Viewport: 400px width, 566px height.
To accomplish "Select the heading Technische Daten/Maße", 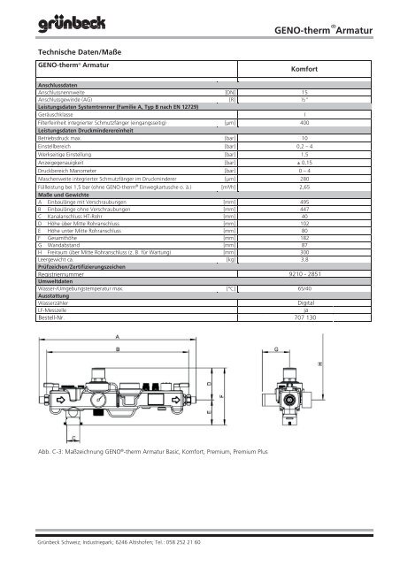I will (73, 52).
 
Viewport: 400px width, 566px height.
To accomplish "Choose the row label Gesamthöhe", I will (63, 238).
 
